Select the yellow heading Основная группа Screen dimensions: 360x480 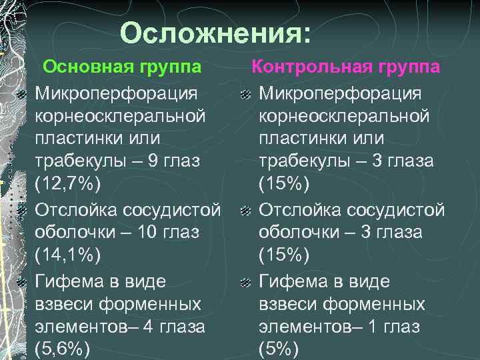(x=123, y=67)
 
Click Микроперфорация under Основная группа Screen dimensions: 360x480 (x=116, y=92)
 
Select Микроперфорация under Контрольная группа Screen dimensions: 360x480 (x=340, y=92)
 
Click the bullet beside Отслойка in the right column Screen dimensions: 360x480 (x=245, y=211)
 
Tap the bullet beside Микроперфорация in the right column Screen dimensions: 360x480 (x=245, y=94)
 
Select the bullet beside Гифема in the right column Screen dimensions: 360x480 (x=245, y=283)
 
